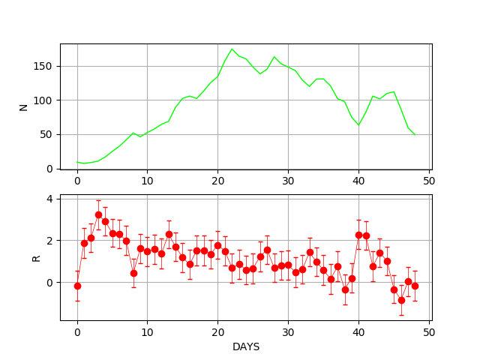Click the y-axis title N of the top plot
(x=23, y=106)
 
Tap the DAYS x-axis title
(x=246, y=347)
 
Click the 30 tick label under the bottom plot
(x=288, y=332)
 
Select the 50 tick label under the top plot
(x=429, y=181)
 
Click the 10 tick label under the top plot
(x=147, y=181)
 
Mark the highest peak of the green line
(x=232, y=49)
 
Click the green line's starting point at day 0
(x=77, y=162)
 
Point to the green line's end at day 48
(x=415, y=135)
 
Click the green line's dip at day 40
(x=358, y=125)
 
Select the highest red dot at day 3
(x=98, y=214)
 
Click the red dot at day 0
(x=77, y=286)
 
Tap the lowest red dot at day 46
(x=401, y=300)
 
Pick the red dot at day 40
(x=358, y=235)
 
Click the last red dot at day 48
(x=415, y=286)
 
